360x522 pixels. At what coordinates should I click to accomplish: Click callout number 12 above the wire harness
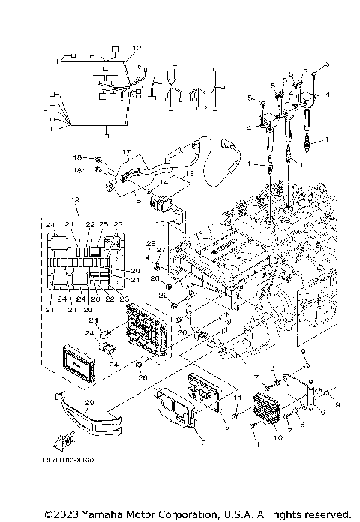[136, 48]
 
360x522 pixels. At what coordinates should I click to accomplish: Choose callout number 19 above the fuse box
[75, 200]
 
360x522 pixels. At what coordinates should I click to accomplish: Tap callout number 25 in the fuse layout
[103, 225]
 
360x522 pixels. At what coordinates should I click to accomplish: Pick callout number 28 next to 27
[150, 244]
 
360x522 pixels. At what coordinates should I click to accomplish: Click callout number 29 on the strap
[88, 404]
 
